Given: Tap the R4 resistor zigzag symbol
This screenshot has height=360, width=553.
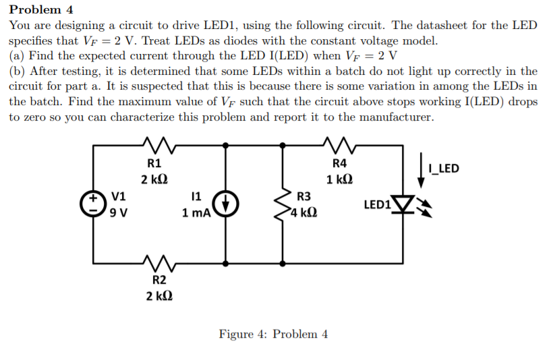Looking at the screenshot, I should pos(338,144).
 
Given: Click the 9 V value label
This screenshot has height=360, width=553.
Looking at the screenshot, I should pos(119,213).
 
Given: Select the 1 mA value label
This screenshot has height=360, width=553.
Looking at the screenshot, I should pos(196,213).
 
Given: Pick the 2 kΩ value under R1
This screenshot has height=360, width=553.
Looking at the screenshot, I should pos(154,180).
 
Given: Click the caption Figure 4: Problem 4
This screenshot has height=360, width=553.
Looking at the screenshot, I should pos(273,334).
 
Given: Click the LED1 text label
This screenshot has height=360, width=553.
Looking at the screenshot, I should pos(376,204).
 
